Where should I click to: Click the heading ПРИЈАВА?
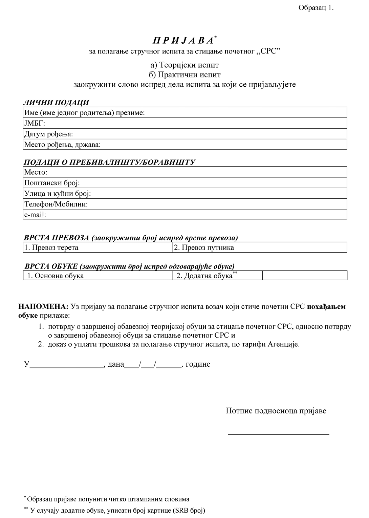pos(183,41)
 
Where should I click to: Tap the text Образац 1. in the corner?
pos(316,8)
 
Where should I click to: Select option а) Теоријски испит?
pos(184,65)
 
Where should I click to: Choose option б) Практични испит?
pos(184,74)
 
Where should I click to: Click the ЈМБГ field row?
pos(185,123)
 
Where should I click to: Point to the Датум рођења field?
pos(185,134)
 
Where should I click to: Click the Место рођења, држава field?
pos(185,145)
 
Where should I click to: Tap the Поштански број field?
pos(185,183)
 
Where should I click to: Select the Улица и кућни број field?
pos(185,194)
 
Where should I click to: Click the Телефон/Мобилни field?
pos(185,204)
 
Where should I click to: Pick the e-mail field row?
pos(185,215)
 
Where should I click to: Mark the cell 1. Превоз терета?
pos(98,247)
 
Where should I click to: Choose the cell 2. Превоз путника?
pos(260,247)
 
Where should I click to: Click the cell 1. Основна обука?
pos(98,276)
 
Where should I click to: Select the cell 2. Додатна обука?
pos(217,276)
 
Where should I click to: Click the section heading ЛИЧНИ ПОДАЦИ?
pos(56,103)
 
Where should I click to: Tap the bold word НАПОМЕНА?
pos(43,307)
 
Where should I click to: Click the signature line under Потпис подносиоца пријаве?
pos(278,433)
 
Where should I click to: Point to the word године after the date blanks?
pos(198,364)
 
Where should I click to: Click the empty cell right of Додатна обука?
pos(305,276)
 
